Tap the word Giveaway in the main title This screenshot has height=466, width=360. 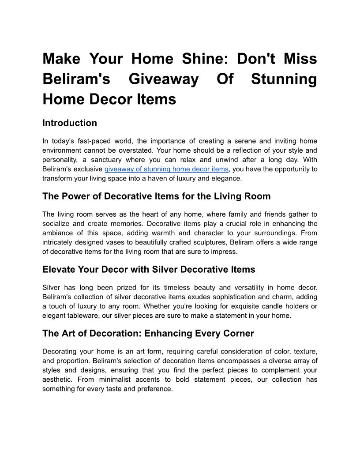pos(164,79)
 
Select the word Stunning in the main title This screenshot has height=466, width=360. pos(284,79)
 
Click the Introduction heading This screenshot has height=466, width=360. pos(70,123)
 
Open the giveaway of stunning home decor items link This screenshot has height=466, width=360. pos(166,169)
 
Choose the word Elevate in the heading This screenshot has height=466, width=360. pos(60,270)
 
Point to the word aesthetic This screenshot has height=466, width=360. pos(57,380)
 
